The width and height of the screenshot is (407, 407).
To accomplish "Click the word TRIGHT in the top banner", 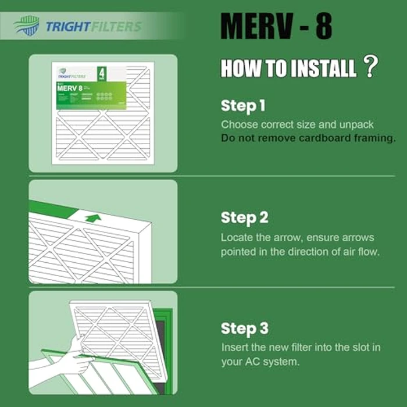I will point(68,26).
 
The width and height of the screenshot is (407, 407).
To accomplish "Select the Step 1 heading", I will point(243,106).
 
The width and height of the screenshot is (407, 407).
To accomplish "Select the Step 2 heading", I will point(244,218).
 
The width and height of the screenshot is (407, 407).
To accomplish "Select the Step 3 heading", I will point(244,329).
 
